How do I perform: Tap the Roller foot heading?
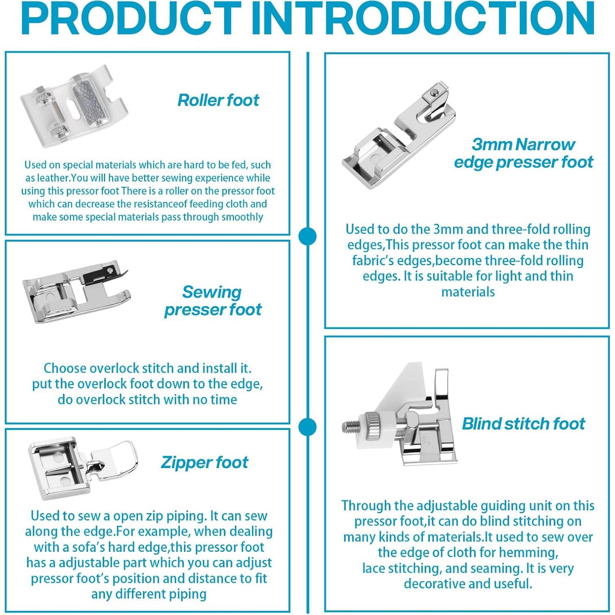pyautogui.click(x=218, y=100)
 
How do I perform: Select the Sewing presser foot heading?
pyautogui.click(x=213, y=301)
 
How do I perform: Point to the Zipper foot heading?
pyautogui.click(x=204, y=463)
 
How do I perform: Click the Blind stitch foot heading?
pyautogui.click(x=523, y=424)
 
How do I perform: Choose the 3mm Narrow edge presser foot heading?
pyautogui.click(x=523, y=153)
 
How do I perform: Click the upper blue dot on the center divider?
pyautogui.click(x=307, y=237)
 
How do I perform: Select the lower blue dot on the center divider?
pyautogui.click(x=307, y=427)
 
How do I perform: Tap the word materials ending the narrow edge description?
pyautogui.click(x=468, y=292)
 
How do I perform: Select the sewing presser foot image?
pyautogui.click(x=77, y=291)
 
